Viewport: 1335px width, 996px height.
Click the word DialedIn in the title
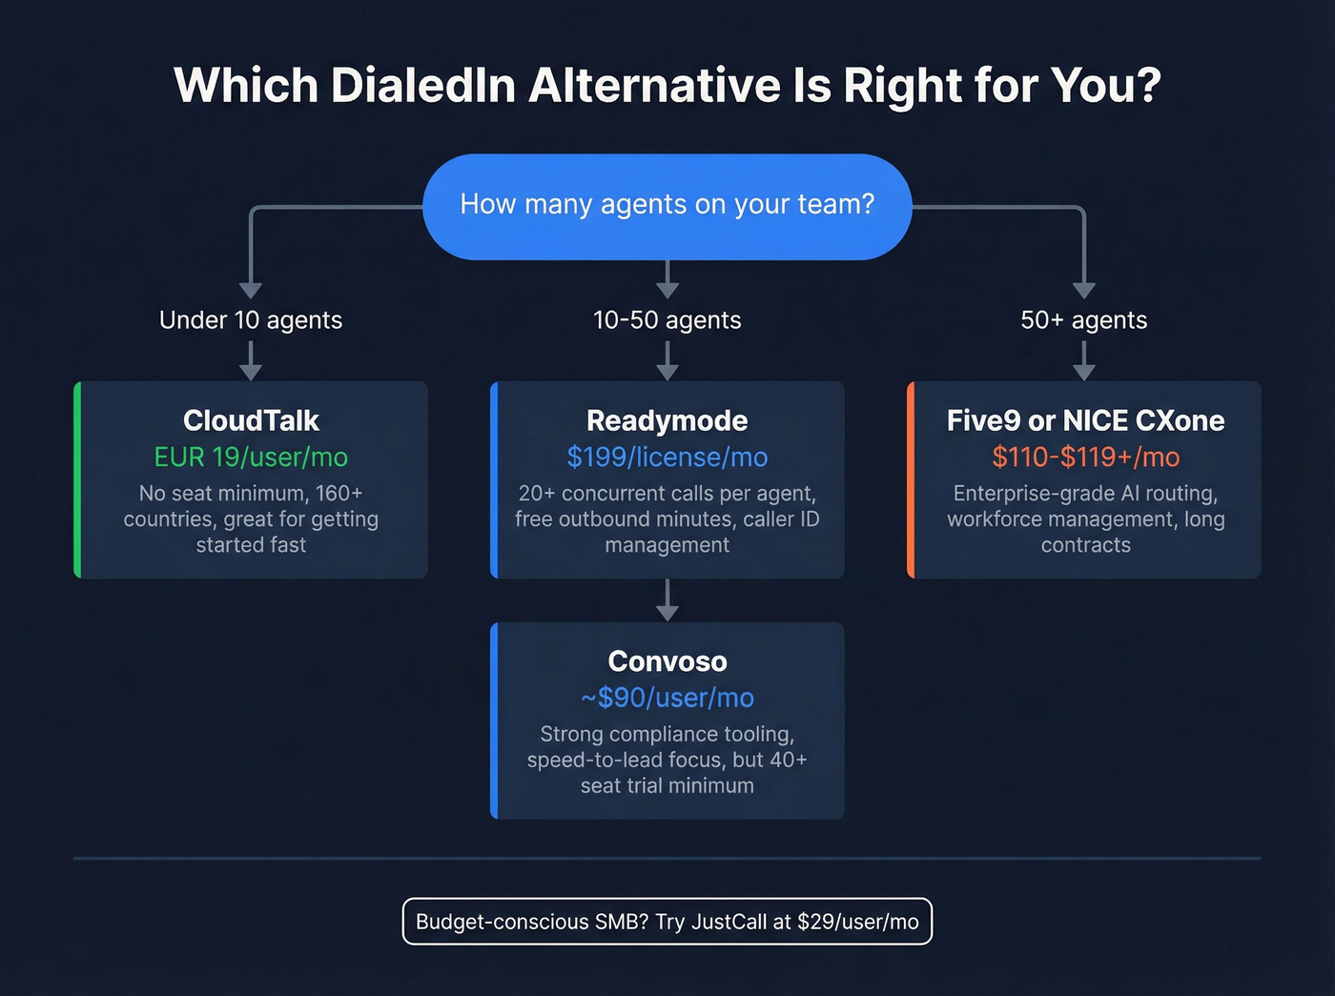coord(424,86)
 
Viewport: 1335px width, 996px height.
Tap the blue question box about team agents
coord(667,206)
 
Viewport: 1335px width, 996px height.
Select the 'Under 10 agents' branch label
coord(251,320)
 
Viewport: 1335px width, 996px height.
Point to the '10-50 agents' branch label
coord(667,320)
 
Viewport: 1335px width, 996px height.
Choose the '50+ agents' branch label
coord(1084,320)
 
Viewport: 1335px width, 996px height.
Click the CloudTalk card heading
coord(251,420)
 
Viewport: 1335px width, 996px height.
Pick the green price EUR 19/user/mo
coord(251,457)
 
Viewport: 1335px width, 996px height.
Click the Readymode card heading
coord(667,420)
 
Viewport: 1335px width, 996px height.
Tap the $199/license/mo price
coord(667,457)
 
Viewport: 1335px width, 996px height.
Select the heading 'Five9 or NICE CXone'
coord(1085,420)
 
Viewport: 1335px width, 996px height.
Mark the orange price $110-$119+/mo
coord(1085,457)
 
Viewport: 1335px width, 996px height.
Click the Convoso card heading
coord(667,661)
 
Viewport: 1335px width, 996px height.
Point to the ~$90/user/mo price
coord(667,698)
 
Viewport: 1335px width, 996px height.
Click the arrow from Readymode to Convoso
coord(667,600)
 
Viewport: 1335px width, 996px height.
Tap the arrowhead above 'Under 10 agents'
coord(251,290)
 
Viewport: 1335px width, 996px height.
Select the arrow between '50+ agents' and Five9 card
coord(1084,360)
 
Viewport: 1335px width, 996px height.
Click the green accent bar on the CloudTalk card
coord(77,480)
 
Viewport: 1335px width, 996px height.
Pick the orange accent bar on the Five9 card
coord(911,480)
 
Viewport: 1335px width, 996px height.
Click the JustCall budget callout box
coord(667,922)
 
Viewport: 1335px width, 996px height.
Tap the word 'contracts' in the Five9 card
coord(1085,545)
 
